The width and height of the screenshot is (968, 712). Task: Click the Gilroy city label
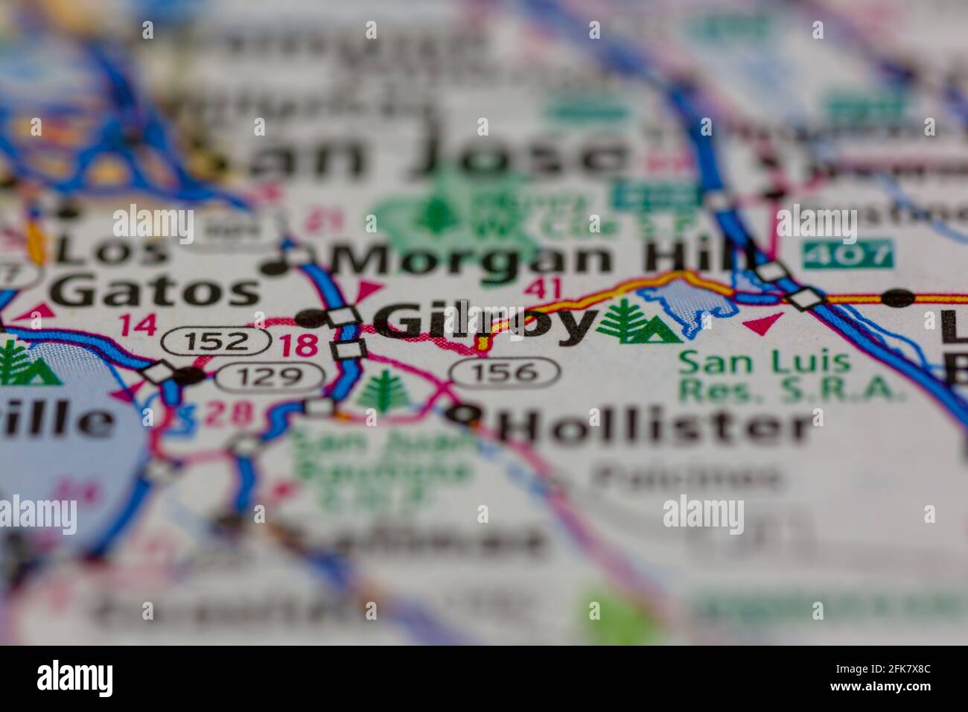click(484, 323)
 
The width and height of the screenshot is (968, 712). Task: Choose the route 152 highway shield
click(216, 342)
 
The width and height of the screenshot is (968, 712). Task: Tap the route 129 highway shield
click(270, 378)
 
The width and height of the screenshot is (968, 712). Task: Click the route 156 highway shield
click(505, 371)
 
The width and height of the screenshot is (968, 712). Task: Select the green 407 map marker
click(847, 255)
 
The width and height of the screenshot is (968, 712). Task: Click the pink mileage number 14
click(138, 325)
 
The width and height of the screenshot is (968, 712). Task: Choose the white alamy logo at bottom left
click(75, 678)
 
